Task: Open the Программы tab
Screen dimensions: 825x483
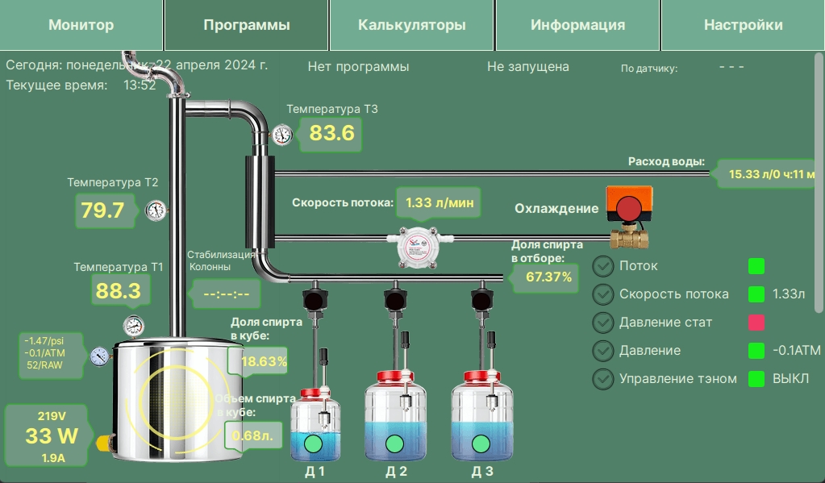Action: click(x=246, y=25)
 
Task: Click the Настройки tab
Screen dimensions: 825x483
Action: click(x=743, y=25)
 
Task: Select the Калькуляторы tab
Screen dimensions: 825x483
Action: click(x=411, y=25)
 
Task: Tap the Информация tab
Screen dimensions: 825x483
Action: click(x=577, y=25)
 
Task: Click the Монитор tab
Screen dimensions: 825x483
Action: click(x=81, y=25)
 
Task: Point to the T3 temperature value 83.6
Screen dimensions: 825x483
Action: click(x=331, y=133)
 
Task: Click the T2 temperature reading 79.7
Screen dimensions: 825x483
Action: click(x=102, y=210)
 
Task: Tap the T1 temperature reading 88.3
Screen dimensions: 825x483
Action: click(x=119, y=290)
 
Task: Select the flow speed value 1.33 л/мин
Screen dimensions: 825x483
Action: click(x=440, y=202)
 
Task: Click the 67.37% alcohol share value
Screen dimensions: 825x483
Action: click(x=548, y=277)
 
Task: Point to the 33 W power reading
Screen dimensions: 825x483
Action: click(x=52, y=435)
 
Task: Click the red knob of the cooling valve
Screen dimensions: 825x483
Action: click(x=629, y=208)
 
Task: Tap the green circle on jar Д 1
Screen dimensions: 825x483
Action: click(x=313, y=444)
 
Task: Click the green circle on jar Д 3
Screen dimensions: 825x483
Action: click(x=481, y=444)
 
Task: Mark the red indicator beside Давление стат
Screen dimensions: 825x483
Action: click(x=756, y=322)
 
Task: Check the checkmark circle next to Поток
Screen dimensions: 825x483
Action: click(x=603, y=266)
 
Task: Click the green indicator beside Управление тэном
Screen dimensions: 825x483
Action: click(x=756, y=379)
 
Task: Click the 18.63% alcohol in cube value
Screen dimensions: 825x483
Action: click(x=265, y=361)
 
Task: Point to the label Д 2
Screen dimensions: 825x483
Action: click(x=396, y=472)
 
